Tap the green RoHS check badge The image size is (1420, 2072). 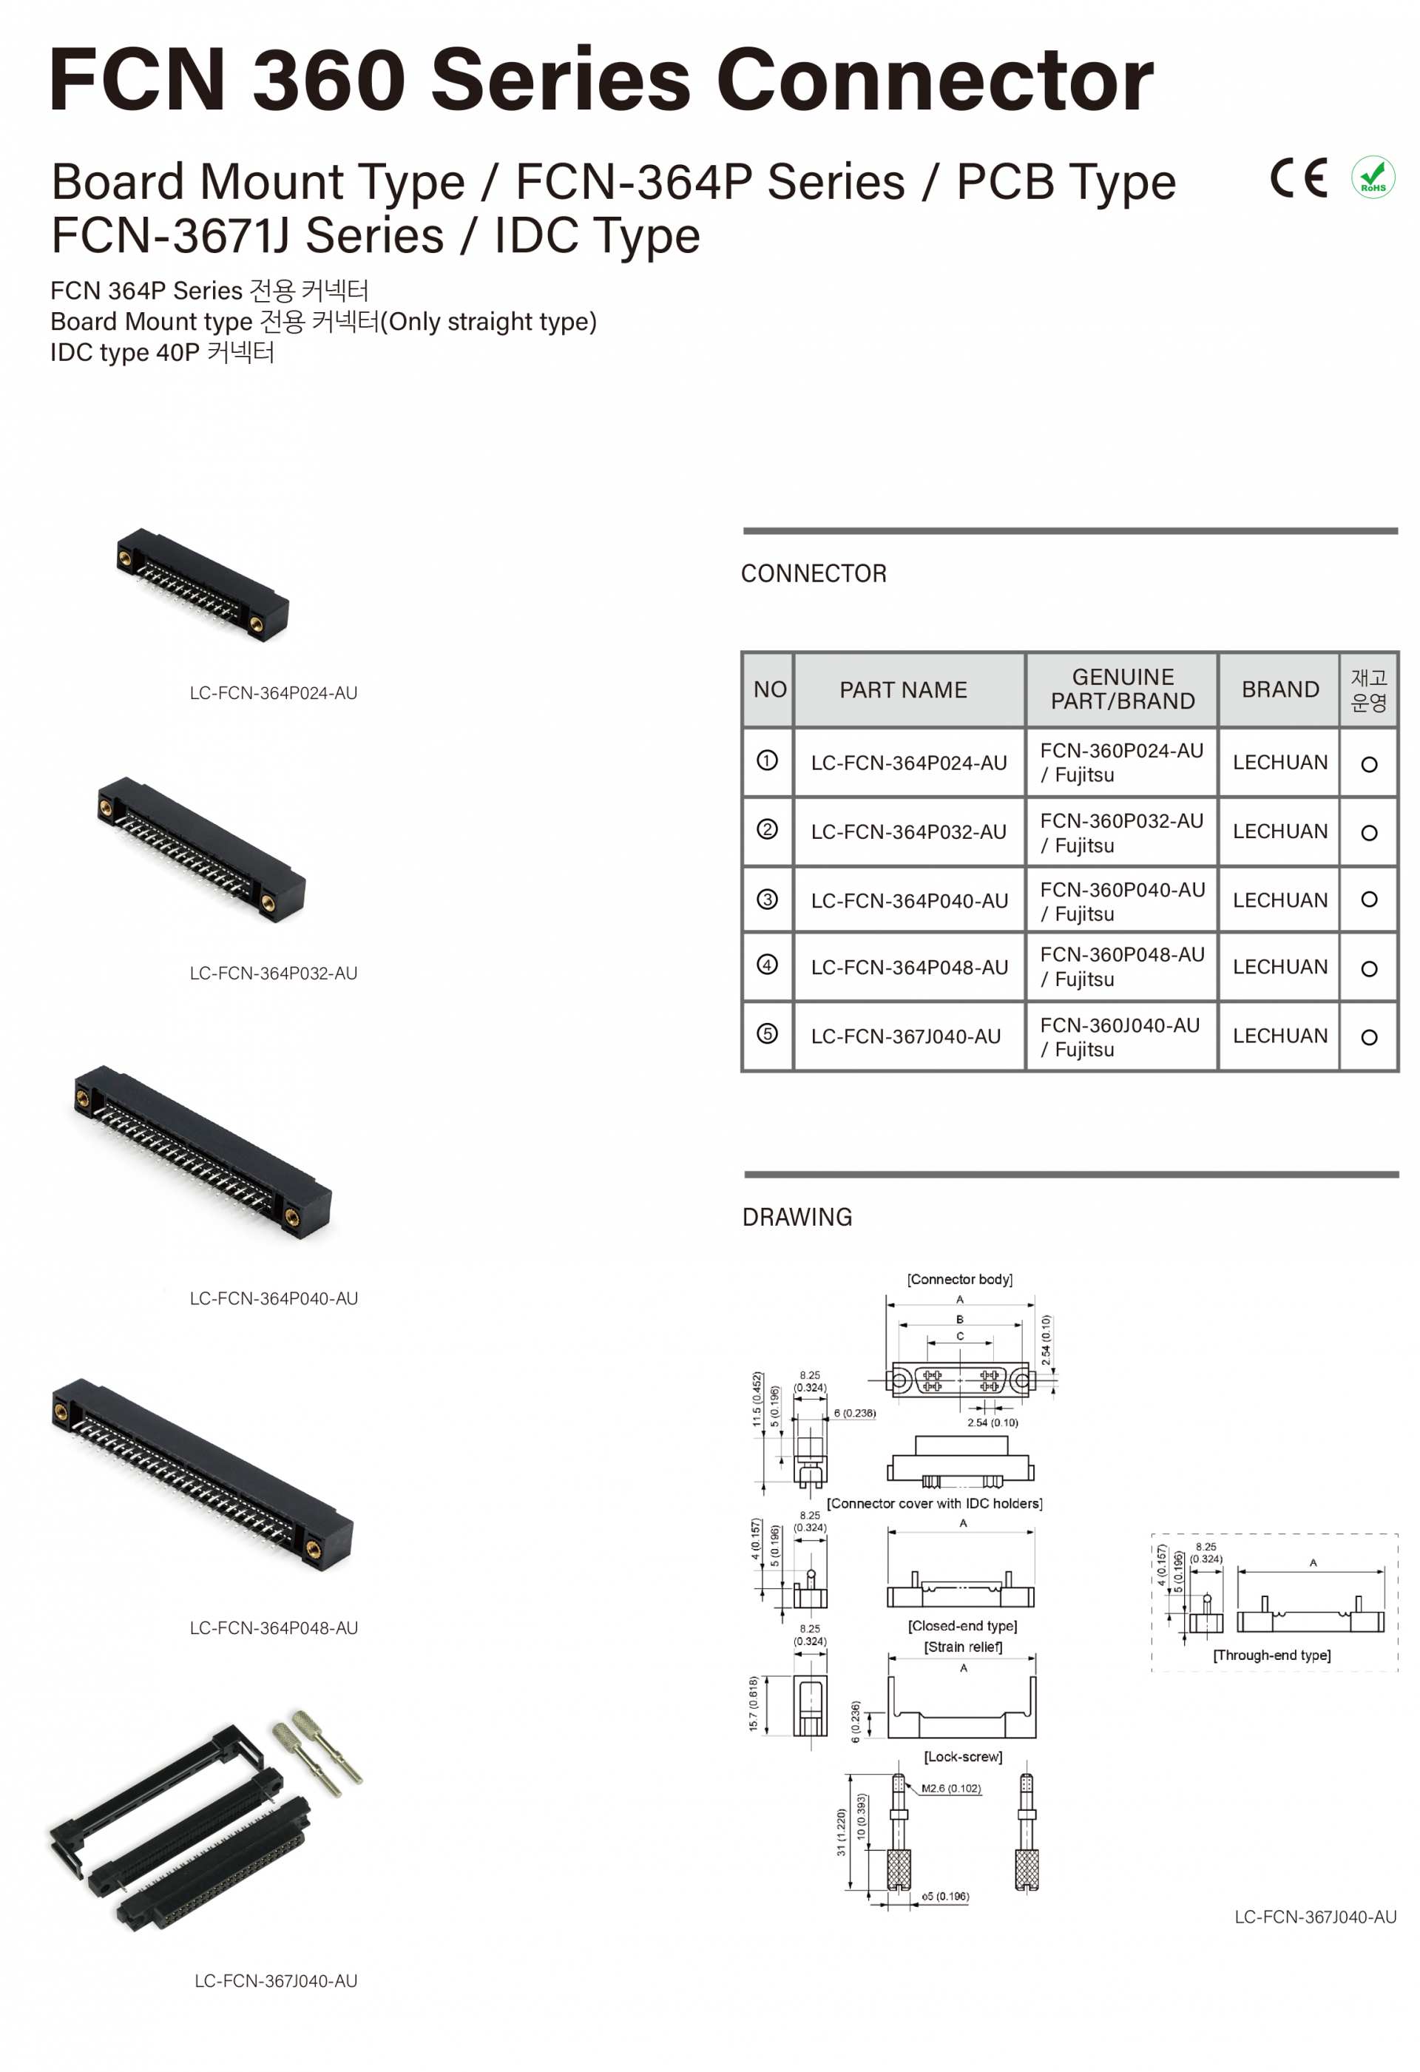tap(1372, 177)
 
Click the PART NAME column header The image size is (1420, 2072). tap(902, 689)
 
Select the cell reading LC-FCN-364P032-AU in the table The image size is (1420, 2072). tap(907, 831)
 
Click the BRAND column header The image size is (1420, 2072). tap(1279, 689)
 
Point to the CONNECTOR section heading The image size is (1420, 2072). tap(813, 573)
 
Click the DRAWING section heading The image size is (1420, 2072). tap(797, 1217)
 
